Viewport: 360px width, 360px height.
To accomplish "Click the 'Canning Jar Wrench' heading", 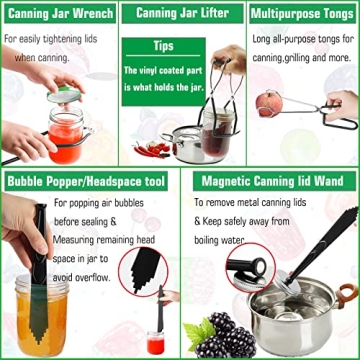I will click(56, 15).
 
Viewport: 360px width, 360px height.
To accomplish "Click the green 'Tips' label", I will click(164, 47).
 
